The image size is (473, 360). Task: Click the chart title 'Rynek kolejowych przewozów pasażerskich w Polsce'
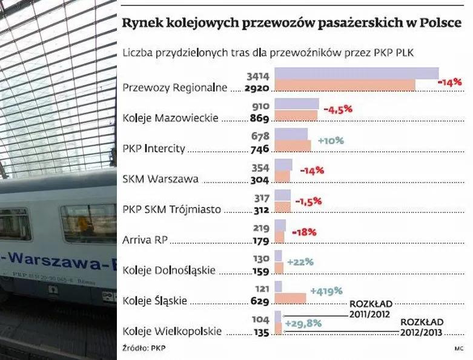291,23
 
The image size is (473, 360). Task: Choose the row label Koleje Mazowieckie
170,117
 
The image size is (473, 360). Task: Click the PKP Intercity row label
154,148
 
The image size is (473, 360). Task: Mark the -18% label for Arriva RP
304,232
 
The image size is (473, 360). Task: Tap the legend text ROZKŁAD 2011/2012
371,309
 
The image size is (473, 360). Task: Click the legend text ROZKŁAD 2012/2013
422,327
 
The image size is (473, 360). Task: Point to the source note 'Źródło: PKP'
144,348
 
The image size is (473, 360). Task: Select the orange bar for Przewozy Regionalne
345,86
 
